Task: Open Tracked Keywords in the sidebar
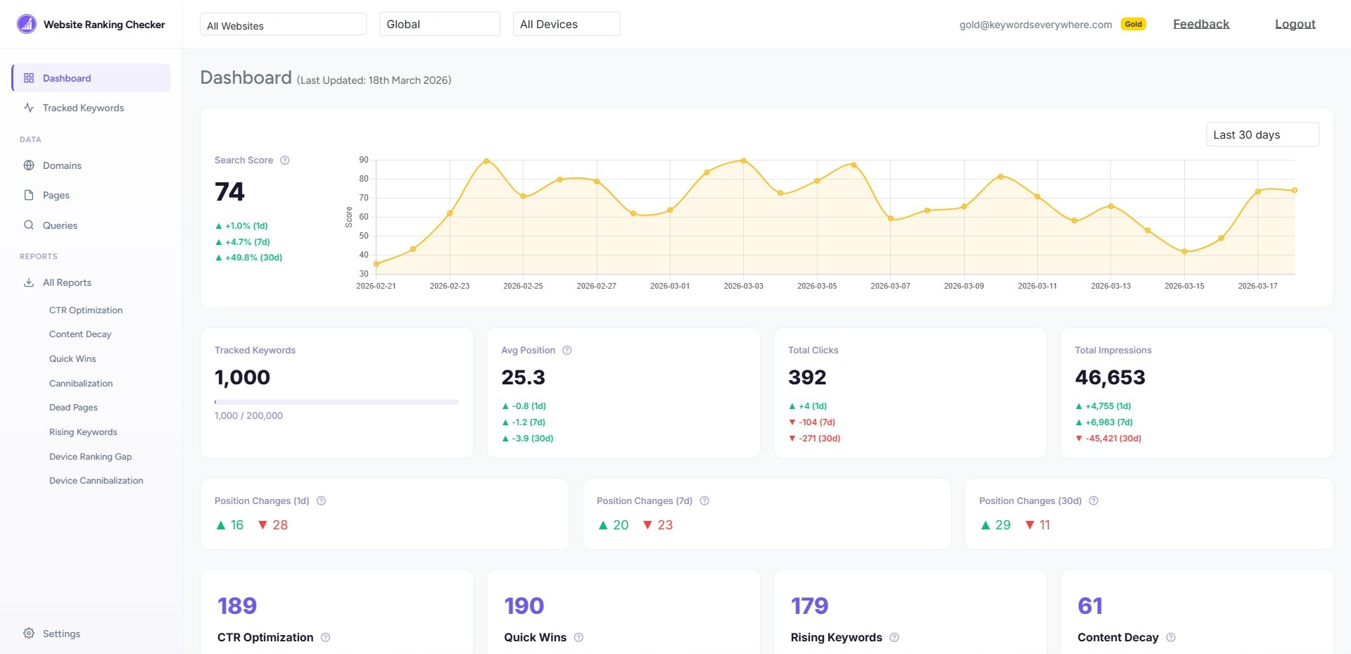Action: point(83,108)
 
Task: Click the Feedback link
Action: point(1200,24)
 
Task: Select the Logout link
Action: point(1295,24)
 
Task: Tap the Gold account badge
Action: point(1133,24)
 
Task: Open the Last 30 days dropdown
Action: point(1262,134)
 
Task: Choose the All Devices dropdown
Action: point(566,24)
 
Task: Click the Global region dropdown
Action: point(439,24)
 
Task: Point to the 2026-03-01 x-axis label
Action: point(669,286)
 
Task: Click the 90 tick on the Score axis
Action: point(364,160)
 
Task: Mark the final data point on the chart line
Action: point(1294,190)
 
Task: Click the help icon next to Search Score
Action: point(285,161)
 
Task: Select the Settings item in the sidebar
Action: point(61,634)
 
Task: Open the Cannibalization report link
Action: point(81,383)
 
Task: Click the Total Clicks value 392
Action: point(807,377)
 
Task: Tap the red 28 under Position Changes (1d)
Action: point(279,525)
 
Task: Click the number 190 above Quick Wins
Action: point(524,605)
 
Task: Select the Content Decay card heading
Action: point(1117,637)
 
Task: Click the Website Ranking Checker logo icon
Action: point(26,24)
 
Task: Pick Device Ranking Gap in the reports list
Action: point(90,456)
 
